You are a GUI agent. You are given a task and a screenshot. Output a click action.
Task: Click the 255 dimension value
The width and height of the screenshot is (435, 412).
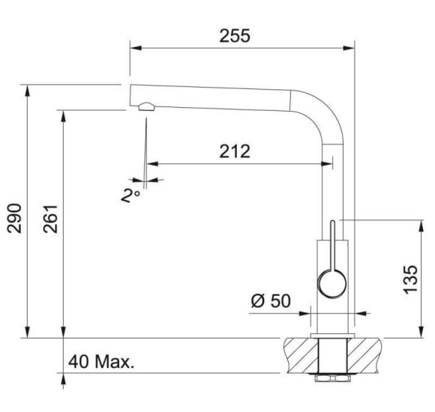(235, 36)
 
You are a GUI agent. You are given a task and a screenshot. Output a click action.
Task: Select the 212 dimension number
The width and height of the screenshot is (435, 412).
(235, 151)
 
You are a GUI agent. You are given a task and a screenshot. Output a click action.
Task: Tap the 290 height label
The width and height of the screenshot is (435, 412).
(14, 219)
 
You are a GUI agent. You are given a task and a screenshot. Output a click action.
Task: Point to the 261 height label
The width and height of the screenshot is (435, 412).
(50, 219)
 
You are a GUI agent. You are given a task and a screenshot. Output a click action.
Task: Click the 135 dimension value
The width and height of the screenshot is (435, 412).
(410, 280)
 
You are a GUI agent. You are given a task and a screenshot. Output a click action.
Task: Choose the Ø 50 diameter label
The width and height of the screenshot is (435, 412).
(271, 301)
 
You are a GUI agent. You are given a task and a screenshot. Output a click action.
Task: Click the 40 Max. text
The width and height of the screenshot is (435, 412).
(101, 362)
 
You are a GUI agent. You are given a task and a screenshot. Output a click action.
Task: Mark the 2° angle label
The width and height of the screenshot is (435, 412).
(130, 196)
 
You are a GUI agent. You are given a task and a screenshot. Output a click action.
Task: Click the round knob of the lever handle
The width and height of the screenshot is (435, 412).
(331, 285)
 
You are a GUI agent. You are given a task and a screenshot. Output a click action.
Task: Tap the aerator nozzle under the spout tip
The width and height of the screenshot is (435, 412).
(146, 106)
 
